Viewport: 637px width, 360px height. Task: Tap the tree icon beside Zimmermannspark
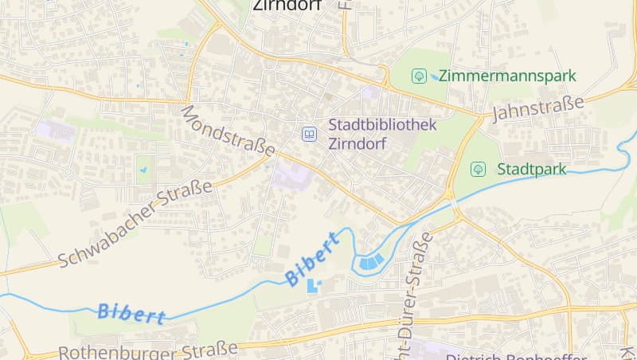[418, 76]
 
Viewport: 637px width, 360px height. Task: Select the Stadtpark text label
[531, 169]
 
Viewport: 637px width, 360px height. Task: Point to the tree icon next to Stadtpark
[478, 169]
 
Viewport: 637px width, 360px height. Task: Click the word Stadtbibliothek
[383, 125]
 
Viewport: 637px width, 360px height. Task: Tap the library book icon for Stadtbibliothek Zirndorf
[308, 134]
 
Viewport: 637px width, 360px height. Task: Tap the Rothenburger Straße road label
[148, 350]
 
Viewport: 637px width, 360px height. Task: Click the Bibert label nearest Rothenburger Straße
[132, 313]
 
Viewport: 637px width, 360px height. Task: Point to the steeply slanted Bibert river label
[312, 259]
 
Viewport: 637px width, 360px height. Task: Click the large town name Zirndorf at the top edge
[287, 5]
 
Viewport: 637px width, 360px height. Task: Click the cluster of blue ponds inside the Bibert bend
[369, 261]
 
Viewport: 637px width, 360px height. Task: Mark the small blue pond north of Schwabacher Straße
[144, 169]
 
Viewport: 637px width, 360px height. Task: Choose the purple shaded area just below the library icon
[292, 174]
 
